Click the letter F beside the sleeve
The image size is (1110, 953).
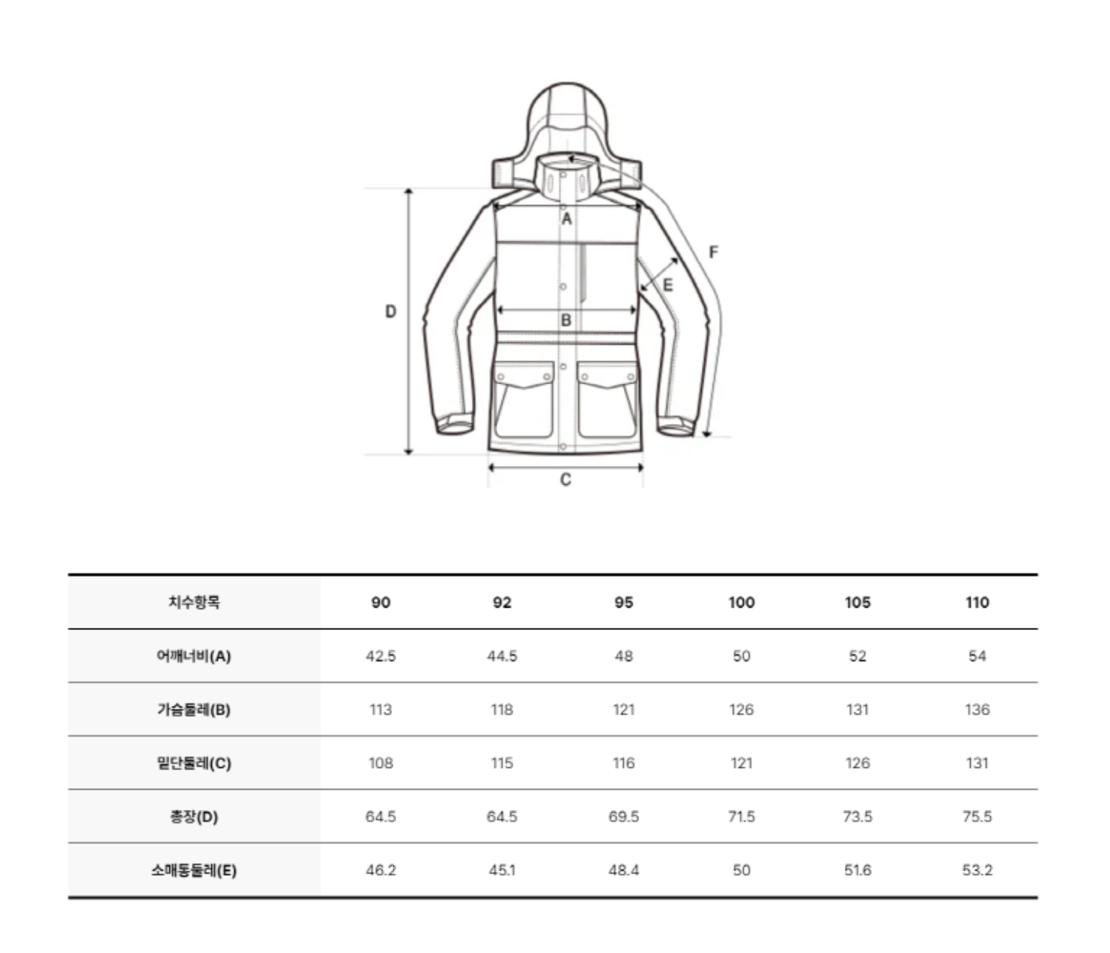click(713, 252)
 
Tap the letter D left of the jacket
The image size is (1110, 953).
click(390, 312)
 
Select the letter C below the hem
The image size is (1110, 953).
click(565, 479)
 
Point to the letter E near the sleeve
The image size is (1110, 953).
click(667, 285)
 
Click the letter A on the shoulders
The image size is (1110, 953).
click(566, 219)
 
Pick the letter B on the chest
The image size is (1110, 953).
click(566, 321)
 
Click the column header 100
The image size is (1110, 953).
click(741, 602)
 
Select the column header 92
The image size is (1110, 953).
click(502, 602)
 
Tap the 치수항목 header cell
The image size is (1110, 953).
click(194, 602)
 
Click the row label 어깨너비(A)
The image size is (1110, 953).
click(194, 656)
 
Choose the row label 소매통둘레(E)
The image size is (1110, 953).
click(194, 871)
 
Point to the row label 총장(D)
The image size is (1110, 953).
click(194, 817)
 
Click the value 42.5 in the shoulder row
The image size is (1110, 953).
click(380, 656)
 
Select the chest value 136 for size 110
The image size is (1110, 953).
click(977, 710)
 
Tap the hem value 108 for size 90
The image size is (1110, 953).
click(380, 763)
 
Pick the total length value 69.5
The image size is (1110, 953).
click(623, 817)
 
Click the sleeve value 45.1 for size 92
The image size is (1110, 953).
click(502, 871)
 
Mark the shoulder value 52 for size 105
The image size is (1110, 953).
click(858, 656)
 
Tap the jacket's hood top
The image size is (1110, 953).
click(567, 94)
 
